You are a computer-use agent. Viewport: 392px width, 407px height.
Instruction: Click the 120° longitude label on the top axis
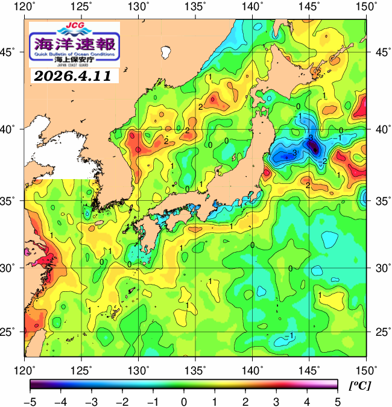(25, 7)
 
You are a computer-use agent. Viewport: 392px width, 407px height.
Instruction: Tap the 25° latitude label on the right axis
(381, 332)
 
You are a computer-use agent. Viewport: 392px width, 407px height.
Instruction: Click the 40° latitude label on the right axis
(381, 129)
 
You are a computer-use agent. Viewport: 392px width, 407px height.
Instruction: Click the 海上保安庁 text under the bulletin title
(75, 59)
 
